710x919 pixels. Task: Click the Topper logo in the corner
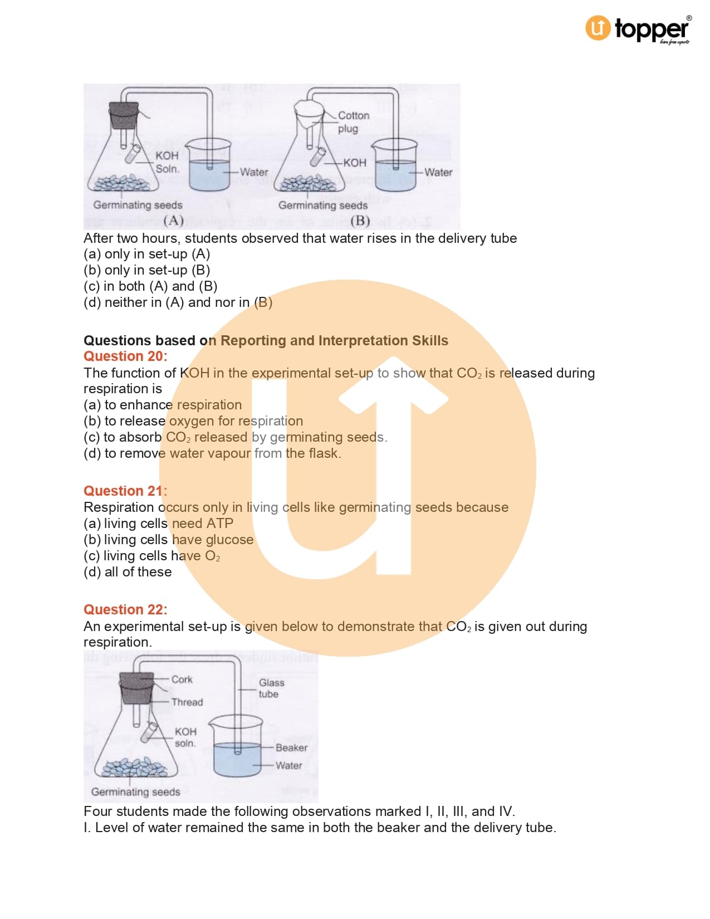(x=638, y=30)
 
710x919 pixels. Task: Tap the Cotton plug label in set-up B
(x=354, y=122)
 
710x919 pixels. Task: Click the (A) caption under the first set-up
(x=173, y=221)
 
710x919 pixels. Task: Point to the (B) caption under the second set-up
(x=360, y=221)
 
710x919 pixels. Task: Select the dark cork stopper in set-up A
(x=124, y=115)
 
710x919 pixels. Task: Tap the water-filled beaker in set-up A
(x=209, y=164)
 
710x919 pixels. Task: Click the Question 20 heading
(x=126, y=356)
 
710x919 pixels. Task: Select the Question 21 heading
(x=126, y=491)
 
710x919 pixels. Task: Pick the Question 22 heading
(x=126, y=609)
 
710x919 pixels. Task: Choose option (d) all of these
(x=128, y=572)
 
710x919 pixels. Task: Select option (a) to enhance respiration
(x=163, y=405)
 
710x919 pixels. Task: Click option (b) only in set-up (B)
(x=147, y=270)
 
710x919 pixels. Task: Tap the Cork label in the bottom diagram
(x=182, y=679)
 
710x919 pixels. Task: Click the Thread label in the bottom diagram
(x=187, y=702)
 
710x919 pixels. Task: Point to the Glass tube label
(x=272, y=688)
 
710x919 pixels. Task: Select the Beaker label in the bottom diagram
(x=291, y=747)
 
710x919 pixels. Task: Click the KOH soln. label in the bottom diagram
(x=185, y=737)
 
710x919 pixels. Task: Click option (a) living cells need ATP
(x=159, y=523)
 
